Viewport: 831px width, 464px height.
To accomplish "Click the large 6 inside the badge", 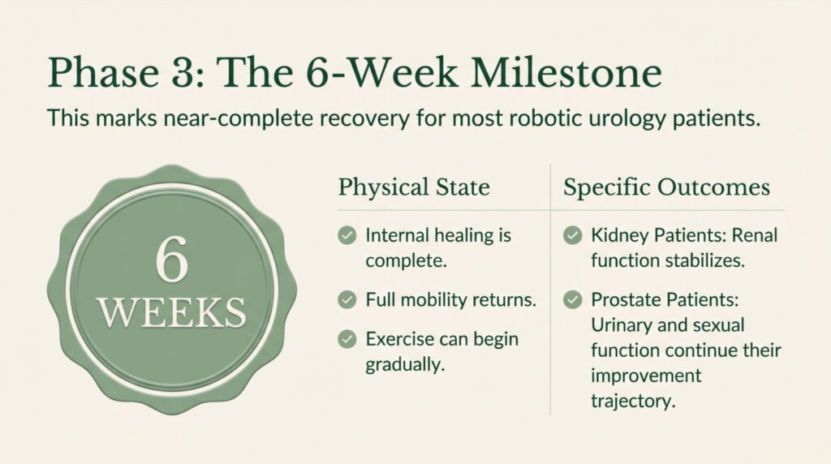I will tap(172, 260).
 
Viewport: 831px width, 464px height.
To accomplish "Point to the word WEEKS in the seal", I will tap(172, 311).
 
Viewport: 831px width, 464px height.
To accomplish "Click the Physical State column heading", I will tap(414, 187).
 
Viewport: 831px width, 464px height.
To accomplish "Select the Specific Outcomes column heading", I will tap(666, 187).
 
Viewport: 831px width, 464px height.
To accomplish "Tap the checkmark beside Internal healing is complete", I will tap(347, 236).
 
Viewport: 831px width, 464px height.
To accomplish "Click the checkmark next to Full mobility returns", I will tap(347, 300).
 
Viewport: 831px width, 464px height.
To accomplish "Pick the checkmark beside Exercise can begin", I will tap(347, 339).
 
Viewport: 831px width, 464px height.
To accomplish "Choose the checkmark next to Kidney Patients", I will tap(573, 236).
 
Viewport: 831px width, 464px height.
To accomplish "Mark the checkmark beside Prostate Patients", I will tap(573, 300).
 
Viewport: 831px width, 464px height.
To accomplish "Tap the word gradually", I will tap(403, 364).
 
